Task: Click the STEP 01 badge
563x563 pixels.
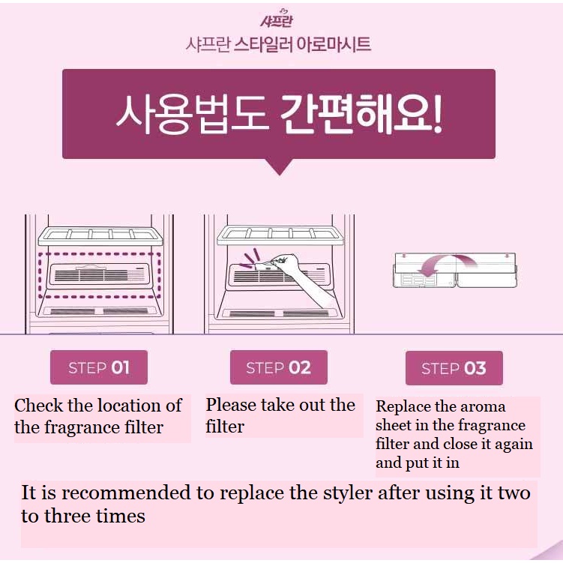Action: coord(99,367)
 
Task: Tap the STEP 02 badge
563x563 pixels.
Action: coord(279,367)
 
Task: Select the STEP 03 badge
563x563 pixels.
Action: coord(454,368)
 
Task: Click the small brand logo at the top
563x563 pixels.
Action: coord(277,19)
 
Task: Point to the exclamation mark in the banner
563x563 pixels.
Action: coord(436,115)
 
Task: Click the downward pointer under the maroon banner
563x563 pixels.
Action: coord(280,166)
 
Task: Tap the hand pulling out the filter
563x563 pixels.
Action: coord(301,277)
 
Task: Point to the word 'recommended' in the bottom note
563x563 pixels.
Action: coord(126,493)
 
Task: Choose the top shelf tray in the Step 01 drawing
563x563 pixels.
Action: coord(100,236)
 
